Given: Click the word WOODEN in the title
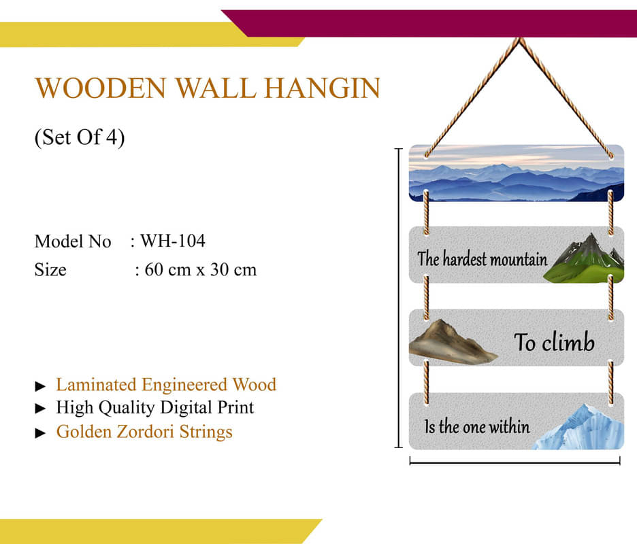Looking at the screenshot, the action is point(101,88).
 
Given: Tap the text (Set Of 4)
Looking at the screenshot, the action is point(80,137).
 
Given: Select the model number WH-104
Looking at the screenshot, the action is point(173,241).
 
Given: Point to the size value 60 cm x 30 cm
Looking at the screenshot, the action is point(201,269).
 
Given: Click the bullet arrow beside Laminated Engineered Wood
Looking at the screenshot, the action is point(40,386).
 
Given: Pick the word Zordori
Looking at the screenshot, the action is point(144,432).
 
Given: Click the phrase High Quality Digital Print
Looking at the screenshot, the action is point(154,407).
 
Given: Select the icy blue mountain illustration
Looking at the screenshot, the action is point(579,428).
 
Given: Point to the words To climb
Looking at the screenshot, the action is point(554,342).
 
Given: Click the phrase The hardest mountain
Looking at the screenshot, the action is point(483,259).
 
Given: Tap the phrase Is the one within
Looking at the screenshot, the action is point(477,426).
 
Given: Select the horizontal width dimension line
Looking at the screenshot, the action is point(514,462).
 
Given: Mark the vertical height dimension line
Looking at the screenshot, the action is point(399,298).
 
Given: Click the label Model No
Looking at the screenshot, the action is point(73,241).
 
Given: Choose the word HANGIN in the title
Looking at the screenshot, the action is point(322,88).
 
